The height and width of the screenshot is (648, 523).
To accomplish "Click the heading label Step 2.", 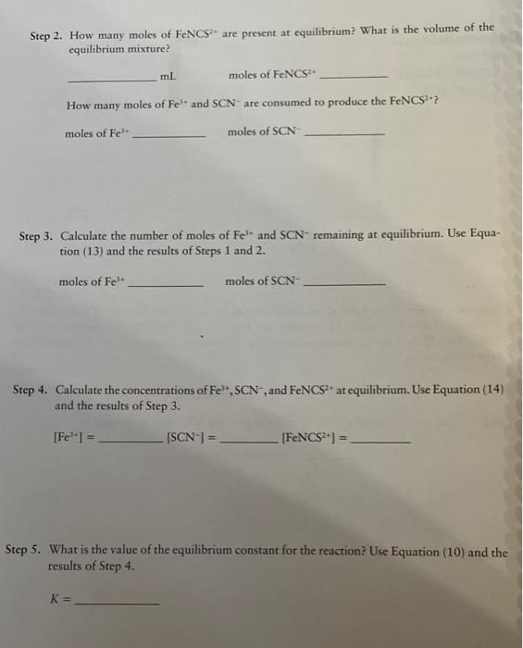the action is [x=45, y=36].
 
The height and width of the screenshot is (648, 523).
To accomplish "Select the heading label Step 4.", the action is [x=31, y=390].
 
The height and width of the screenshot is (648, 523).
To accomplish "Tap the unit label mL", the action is [x=168, y=76].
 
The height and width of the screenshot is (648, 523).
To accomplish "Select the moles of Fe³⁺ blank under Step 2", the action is [x=170, y=137].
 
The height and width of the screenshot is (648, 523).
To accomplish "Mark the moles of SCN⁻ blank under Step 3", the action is [x=344, y=285].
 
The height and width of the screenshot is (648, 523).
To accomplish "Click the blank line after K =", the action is [x=117, y=603].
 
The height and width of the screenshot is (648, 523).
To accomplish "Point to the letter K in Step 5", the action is [x=54, y=598].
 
